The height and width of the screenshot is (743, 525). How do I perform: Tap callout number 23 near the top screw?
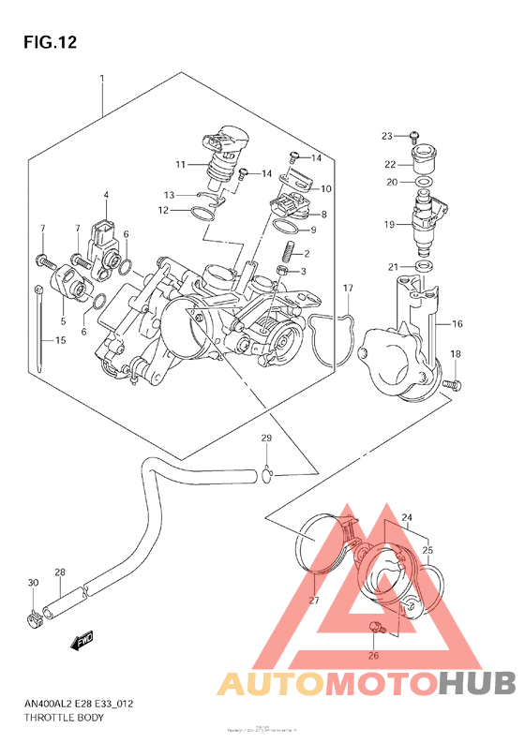click(x=386, y=137)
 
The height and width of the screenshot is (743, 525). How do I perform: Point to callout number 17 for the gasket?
click(x=347, y=287)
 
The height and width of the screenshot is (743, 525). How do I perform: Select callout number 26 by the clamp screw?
click(x=373, y=655)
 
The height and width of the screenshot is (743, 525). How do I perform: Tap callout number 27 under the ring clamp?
click(x=314, y=601)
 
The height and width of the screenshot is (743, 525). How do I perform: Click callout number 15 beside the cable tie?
click(x=60, y=340)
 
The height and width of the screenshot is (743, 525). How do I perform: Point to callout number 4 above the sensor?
click(x=106, y=195)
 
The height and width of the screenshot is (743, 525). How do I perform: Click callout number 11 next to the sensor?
click(x=179, y=165)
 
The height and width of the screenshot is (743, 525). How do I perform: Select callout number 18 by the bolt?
click(x=457, y=353)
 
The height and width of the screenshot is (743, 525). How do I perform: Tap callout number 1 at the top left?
click(x=101, y=79)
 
